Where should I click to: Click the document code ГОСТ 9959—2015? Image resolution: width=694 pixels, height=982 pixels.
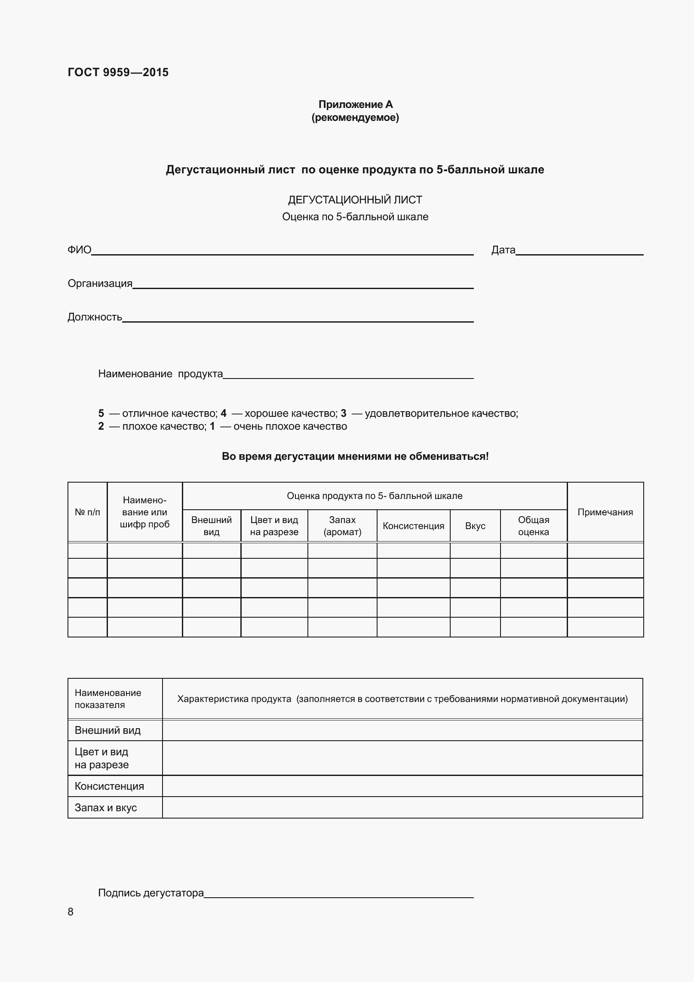click(118, 72)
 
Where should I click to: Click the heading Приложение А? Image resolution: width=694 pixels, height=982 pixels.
click(355, 105)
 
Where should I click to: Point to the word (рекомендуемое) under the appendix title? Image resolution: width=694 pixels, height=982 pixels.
click(355, 117)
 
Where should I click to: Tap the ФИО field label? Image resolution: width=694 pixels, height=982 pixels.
click(80, 250)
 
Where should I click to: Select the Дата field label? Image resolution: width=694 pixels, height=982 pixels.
click(503, 250)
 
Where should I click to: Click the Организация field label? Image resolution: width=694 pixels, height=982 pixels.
click(100, 283)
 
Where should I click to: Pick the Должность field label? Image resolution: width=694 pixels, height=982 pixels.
click(95, 317)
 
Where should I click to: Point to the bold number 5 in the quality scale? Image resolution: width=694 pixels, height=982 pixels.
click(101, 413)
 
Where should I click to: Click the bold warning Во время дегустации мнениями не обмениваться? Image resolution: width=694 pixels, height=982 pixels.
click(355, 456)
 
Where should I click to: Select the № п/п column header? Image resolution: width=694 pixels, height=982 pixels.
click(87, 512)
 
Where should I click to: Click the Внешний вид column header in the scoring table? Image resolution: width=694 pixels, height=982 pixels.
click(211, 526)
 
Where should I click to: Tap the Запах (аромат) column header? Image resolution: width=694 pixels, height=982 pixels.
click(342, 526)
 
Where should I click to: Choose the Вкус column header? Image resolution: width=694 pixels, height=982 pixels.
click(475, 526)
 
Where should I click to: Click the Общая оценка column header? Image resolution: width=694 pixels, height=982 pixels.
click(533, 526)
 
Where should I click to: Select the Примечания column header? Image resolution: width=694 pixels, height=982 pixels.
click(605, 512)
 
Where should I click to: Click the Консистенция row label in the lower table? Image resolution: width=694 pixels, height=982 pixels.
click(109, 786)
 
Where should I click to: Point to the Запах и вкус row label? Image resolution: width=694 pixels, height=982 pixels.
click(106, 807)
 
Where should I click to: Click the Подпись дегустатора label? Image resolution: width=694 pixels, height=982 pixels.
click(151, 893)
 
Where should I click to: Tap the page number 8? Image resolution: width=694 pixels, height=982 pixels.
click(71, 912)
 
